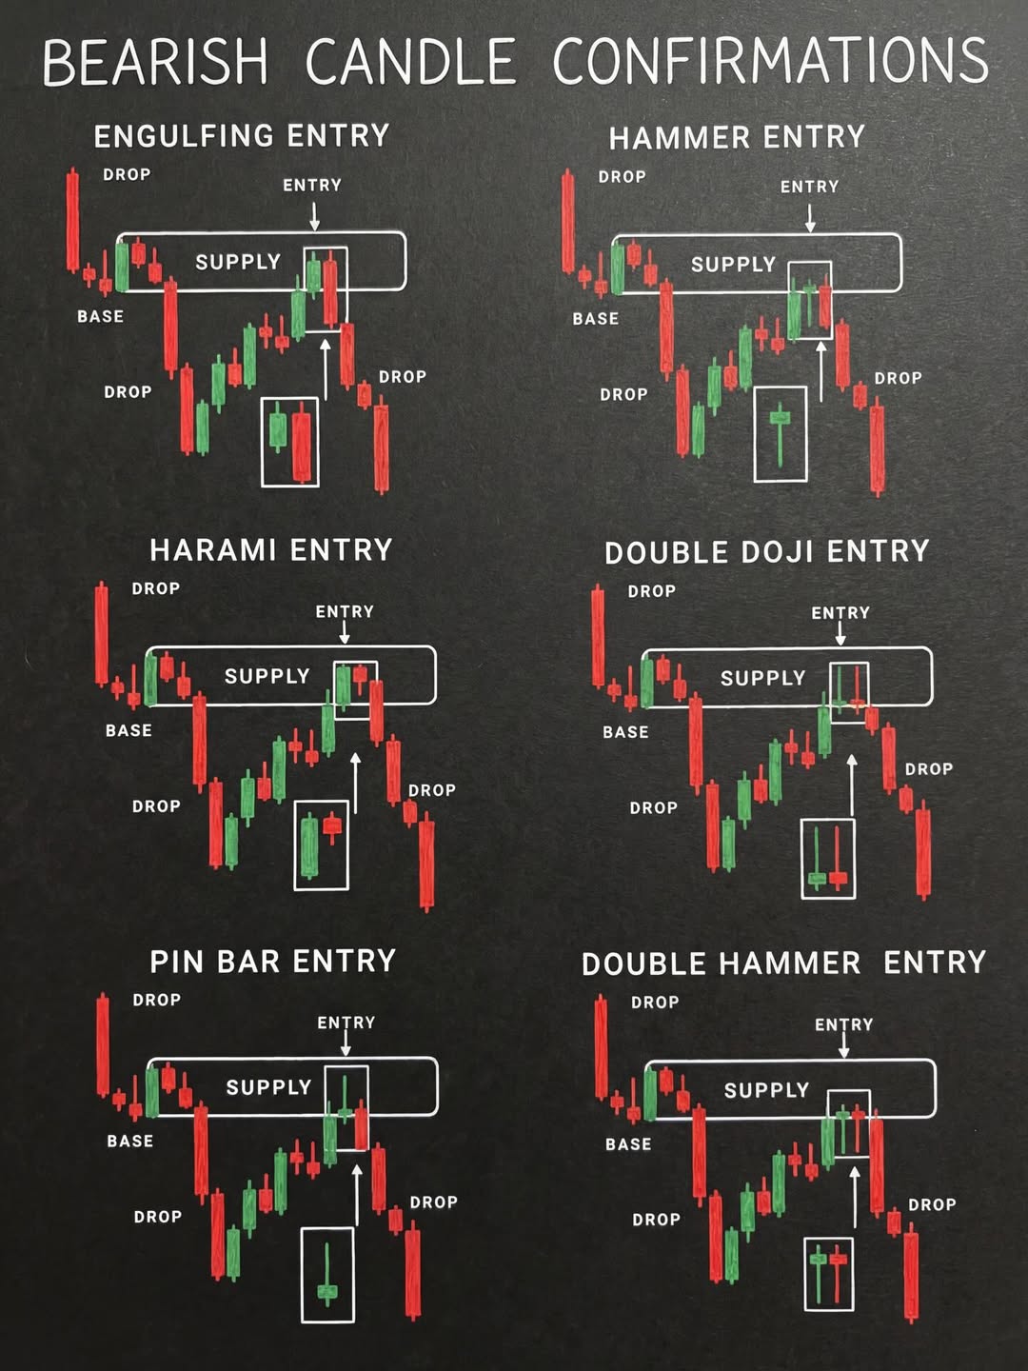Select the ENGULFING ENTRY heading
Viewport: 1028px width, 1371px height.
click(242, 136)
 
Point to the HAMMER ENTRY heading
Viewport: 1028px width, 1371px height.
click(737, 137)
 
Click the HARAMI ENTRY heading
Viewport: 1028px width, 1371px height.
click(271, 550)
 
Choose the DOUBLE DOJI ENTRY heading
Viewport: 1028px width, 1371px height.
click(767, 552)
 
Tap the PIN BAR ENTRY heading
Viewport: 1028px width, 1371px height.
click(273, 962)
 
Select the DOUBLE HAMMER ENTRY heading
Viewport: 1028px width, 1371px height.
click(783, 964)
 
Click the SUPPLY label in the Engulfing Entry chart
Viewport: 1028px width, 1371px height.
click(238, 263)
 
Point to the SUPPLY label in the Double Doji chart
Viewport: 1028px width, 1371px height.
click(762, 678)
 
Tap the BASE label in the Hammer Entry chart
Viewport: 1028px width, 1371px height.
click(596, 319)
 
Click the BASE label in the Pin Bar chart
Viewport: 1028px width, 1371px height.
click(129, 1142)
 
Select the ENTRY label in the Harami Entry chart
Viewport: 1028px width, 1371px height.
click(345, 611)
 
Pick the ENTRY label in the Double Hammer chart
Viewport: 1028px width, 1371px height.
click(844, 1024)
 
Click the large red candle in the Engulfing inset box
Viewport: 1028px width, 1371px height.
click(302, 442)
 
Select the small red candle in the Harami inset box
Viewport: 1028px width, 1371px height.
click(332, 826)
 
